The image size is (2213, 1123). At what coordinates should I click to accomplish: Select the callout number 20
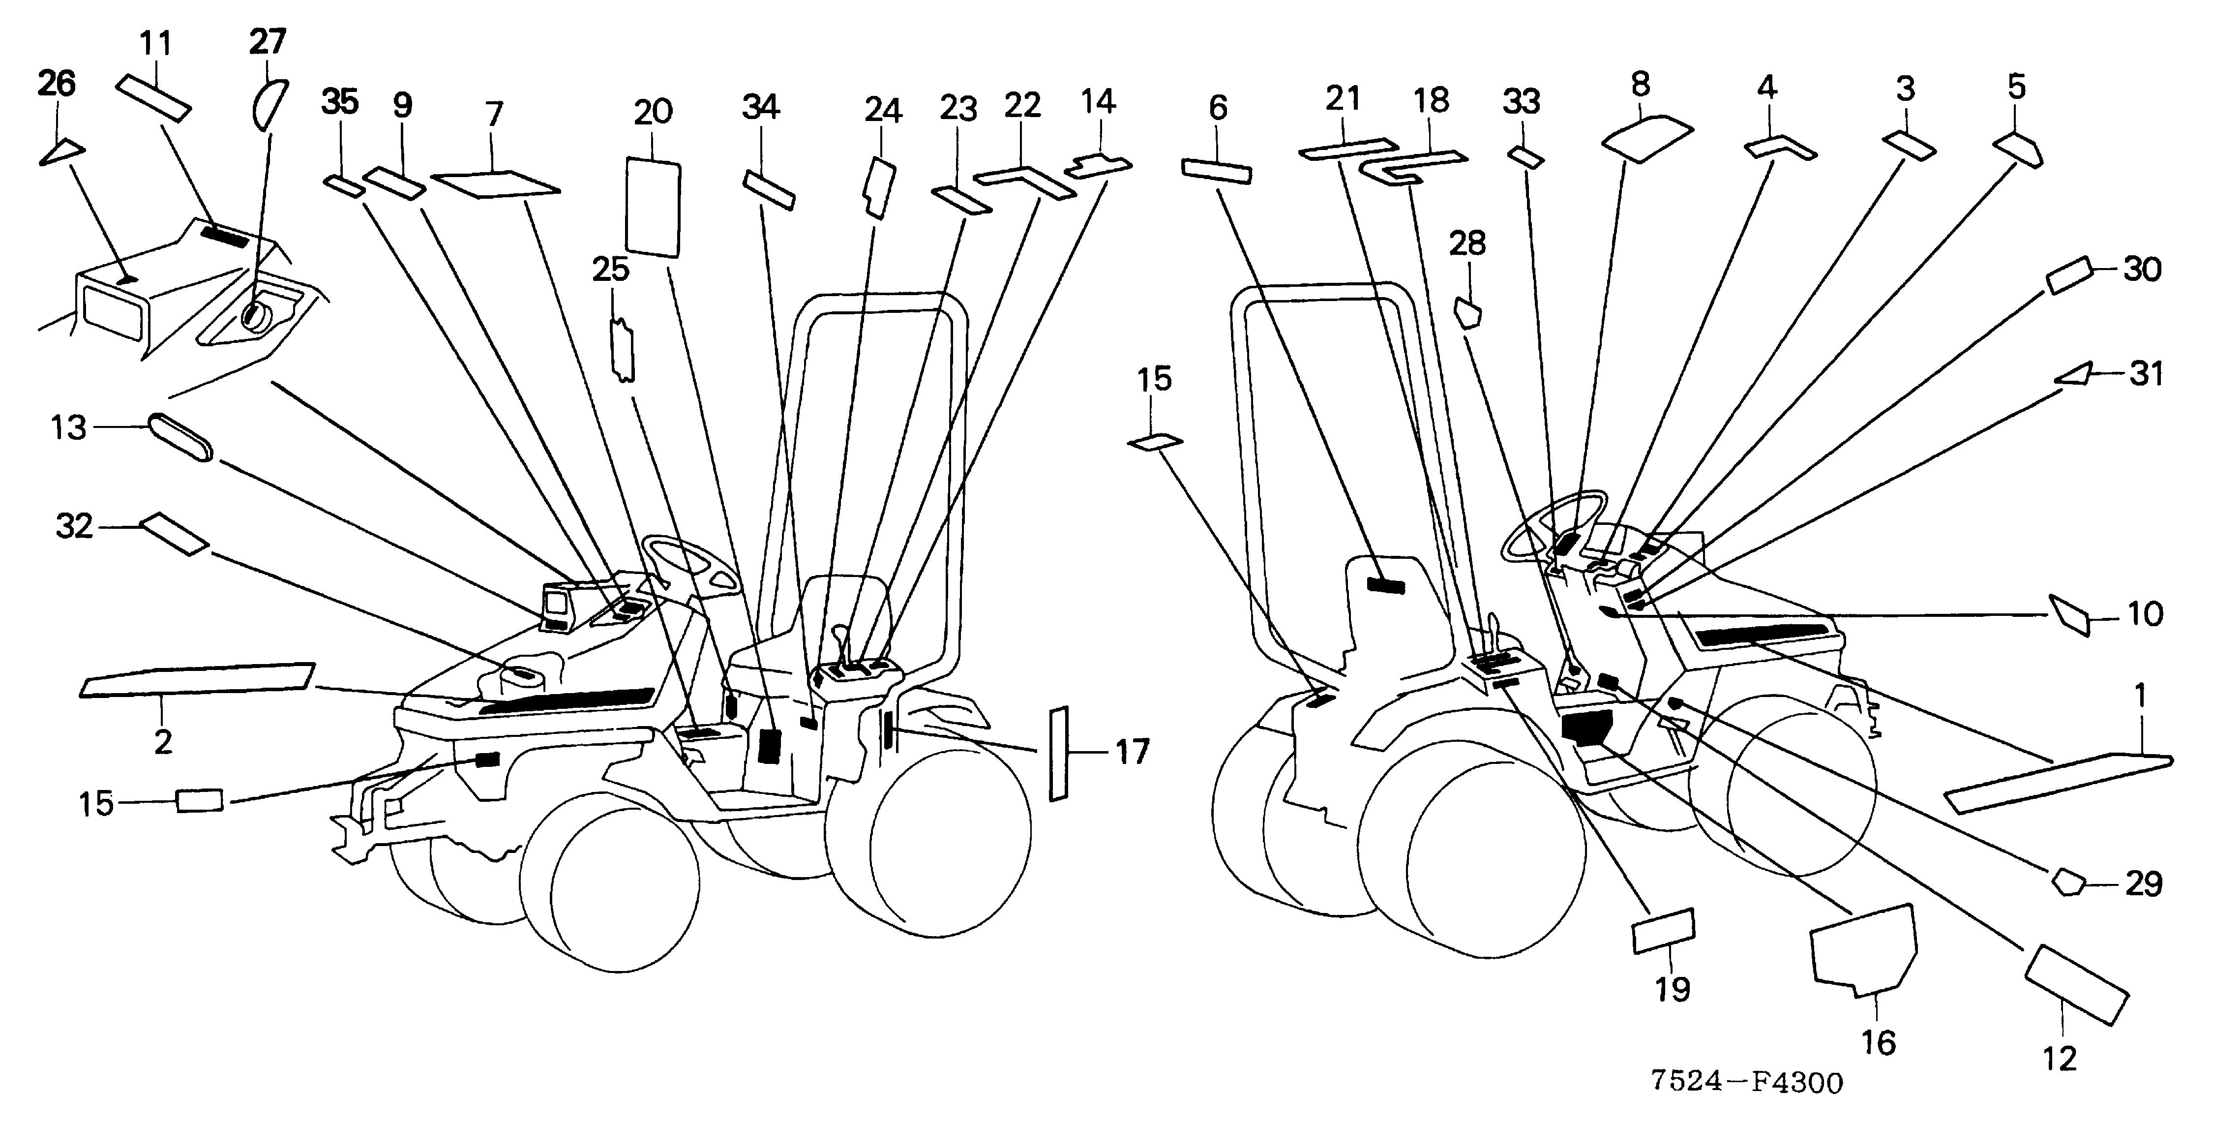coord(653,112)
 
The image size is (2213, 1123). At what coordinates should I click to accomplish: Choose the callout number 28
coord(1467,244)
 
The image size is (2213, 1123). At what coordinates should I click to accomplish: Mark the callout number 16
coord(1878,1042)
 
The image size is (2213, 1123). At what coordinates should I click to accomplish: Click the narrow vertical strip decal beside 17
coord(1058,755)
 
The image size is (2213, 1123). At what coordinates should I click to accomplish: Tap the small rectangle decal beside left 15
coord(199,801)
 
